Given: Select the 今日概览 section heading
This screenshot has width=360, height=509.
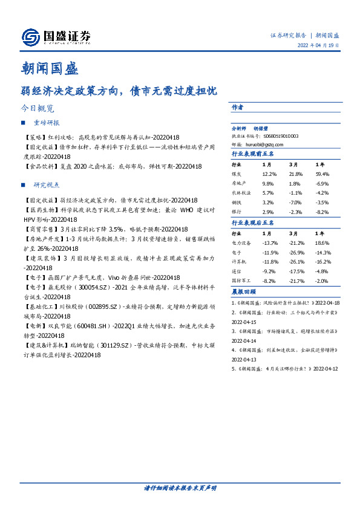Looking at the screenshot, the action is [x=37, y=109].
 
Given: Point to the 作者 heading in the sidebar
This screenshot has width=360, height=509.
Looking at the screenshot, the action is [x=237, y=107].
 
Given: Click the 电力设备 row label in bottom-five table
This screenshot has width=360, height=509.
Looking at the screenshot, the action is [x=242, y=242].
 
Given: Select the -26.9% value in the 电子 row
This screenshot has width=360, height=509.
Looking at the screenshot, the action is [x=296, y=253].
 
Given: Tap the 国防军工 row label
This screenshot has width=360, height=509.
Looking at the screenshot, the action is [x=242, y=280].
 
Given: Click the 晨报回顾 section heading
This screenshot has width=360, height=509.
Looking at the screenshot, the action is [x=242, y=293].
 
